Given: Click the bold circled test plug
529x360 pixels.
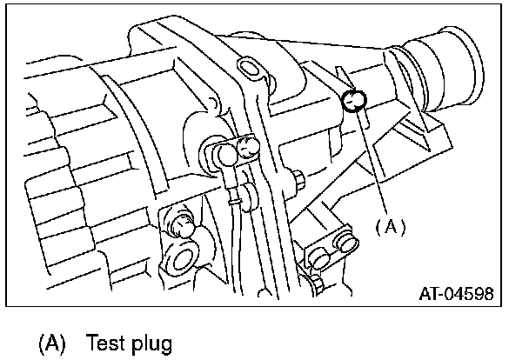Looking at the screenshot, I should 354,102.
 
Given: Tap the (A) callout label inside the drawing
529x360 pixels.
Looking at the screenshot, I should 391,226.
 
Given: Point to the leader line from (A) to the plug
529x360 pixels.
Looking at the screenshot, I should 372,161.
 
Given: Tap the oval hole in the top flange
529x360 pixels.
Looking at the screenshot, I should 250,68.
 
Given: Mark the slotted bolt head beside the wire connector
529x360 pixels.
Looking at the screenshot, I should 247,149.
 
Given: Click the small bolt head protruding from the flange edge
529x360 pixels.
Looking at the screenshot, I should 298,180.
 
